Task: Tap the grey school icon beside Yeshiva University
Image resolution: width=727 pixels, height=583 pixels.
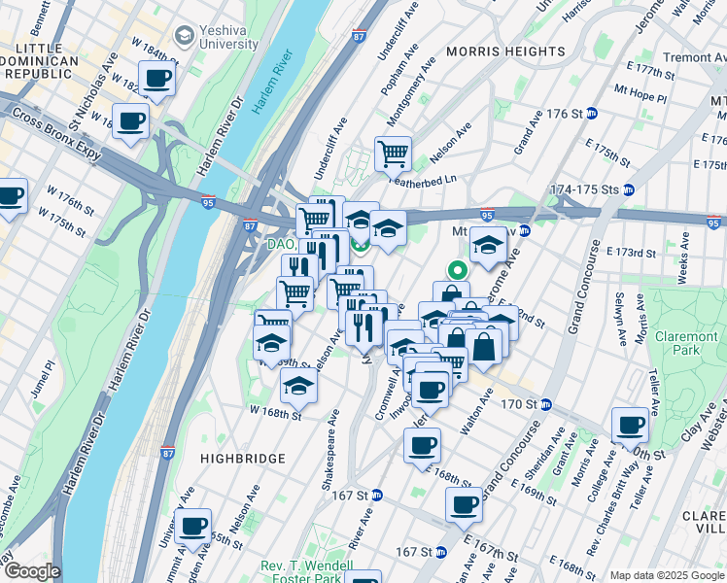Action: point(182,36)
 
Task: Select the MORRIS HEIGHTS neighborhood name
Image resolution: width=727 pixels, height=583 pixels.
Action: point(504,51)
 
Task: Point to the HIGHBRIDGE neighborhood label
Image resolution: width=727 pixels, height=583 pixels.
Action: point(243,458)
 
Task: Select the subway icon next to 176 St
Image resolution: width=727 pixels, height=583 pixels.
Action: point(591,114)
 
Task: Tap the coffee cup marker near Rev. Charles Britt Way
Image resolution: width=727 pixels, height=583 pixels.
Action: point(630,424)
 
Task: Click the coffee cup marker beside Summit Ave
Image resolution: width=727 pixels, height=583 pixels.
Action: point(193,526)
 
